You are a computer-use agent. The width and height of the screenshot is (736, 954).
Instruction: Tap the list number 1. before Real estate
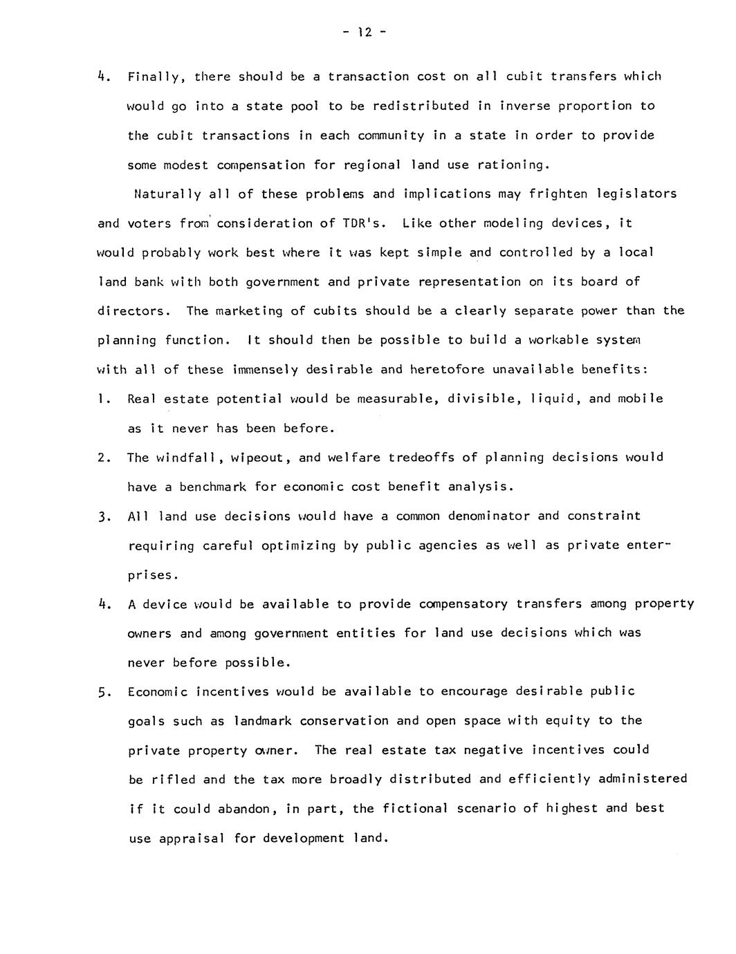104,399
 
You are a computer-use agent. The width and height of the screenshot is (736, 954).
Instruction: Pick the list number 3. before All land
104,516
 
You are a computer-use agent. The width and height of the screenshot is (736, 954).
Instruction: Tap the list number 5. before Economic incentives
104,692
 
